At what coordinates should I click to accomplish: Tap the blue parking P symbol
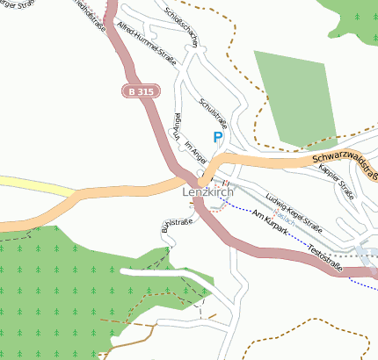pos(217,137)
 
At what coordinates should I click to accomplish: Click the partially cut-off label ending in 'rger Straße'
pos(18,6)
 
